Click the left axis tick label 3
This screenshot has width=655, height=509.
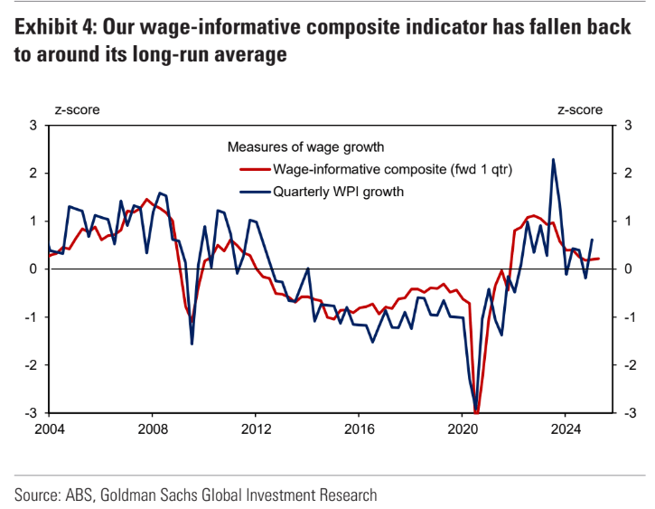click(x=33, y=125)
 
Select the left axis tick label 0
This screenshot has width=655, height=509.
click(x=33, y=269)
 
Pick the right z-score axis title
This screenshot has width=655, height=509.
click(x=579, y=110)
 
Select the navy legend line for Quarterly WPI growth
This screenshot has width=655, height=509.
click(x=253, y=191)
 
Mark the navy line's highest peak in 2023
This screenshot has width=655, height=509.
click(x=553, y=160)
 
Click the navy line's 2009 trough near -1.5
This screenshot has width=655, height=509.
click(x=192, y=344)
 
